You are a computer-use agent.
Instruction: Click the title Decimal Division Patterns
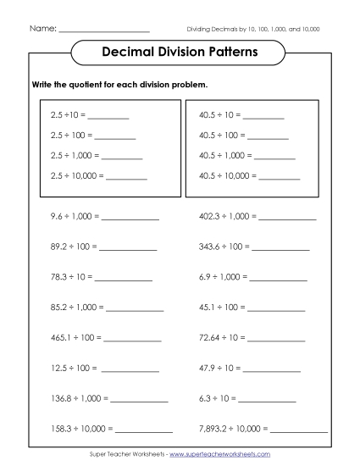point(180,52)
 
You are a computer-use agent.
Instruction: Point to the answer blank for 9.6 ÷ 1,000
point(130,217)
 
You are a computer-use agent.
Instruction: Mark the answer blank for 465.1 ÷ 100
point(133,338)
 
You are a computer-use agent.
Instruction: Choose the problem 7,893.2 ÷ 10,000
point(233,428)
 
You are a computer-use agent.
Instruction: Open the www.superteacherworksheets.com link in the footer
point(219,455)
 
